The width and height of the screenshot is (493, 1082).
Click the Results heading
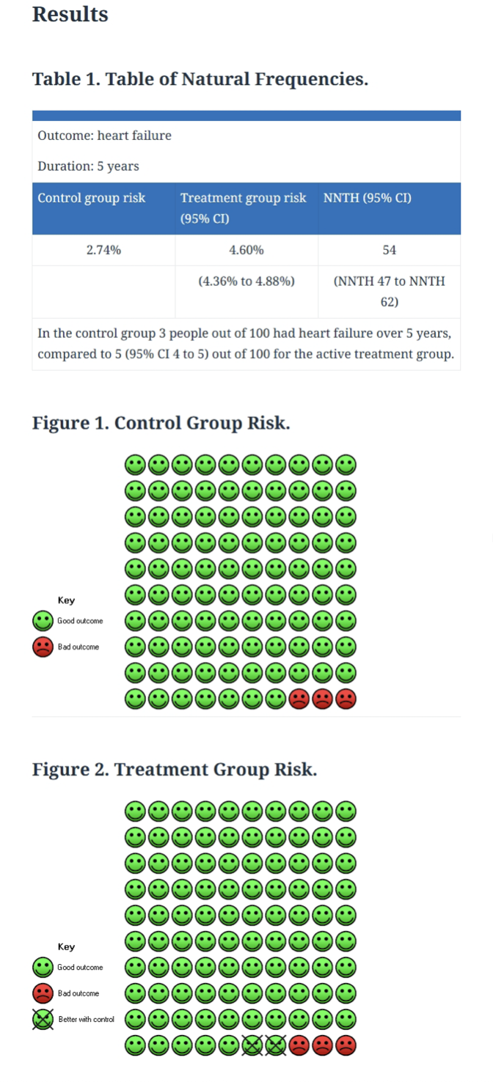70,14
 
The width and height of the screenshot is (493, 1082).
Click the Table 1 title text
200,78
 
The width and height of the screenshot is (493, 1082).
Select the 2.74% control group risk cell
103,250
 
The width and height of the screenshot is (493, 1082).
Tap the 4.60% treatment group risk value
246,250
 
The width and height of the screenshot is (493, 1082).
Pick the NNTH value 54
389,250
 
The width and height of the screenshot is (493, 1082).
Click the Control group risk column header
92,198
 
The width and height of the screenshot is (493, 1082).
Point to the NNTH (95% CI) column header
368,198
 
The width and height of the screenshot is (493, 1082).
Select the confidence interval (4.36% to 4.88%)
246,281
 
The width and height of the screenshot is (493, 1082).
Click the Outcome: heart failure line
104,136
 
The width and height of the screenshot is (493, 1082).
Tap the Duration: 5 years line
88,166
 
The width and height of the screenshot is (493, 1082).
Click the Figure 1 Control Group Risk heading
161,423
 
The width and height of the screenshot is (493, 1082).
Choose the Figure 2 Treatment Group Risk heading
175,769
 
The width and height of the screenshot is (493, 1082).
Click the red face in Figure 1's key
43,647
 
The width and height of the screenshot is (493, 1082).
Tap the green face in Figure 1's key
43,621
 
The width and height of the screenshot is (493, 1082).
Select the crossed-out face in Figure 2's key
43,1020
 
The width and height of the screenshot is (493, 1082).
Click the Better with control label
86,1020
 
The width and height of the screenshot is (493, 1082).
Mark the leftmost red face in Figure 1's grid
299,699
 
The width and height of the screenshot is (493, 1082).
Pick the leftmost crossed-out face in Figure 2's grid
252,1045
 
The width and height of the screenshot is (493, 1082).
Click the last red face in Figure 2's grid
346,1045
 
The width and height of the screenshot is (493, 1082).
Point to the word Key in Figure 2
66,946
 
